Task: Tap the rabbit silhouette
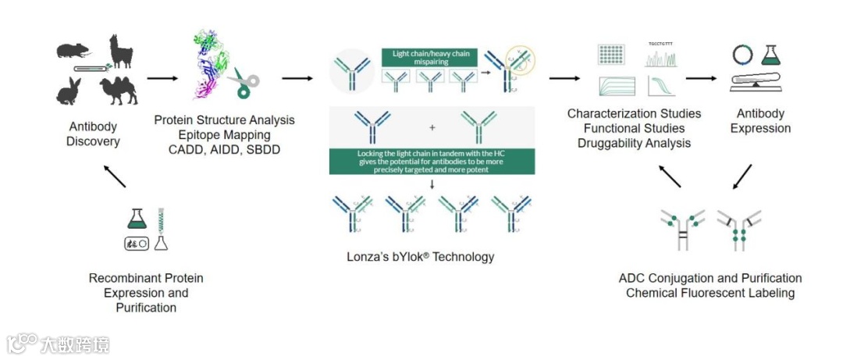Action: tap(69, 91)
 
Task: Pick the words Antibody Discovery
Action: tap(93, 134)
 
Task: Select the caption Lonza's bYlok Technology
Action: tap(421, 256)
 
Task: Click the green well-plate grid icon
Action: tap(612, 54)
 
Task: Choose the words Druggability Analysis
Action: tap(634, 143)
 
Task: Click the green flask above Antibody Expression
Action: tap(771, 54)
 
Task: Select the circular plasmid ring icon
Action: tap(742, 54)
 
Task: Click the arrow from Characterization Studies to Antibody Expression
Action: tap(700, 78)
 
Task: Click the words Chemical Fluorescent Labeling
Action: tap(710, 293)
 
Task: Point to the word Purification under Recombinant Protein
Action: tap(147, 308)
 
